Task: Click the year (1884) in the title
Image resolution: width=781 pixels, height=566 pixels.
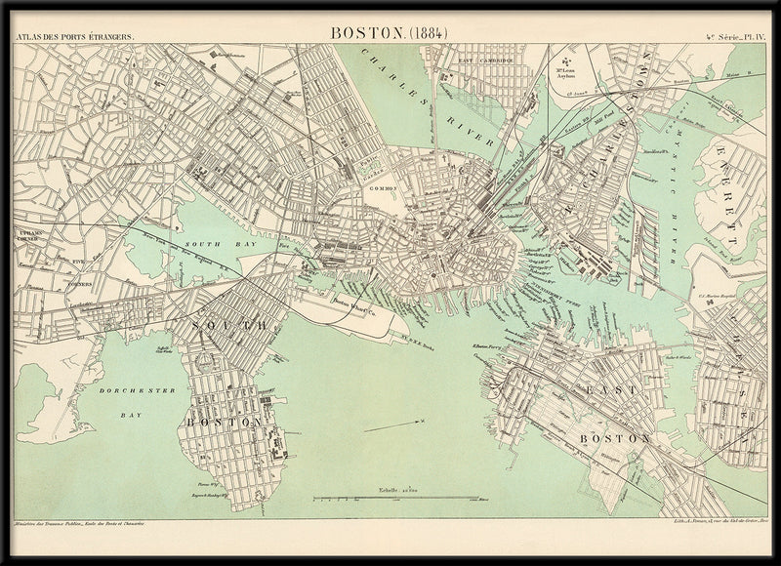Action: [426, 31]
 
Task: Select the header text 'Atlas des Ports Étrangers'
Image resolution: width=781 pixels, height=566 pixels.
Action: [74, 37]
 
